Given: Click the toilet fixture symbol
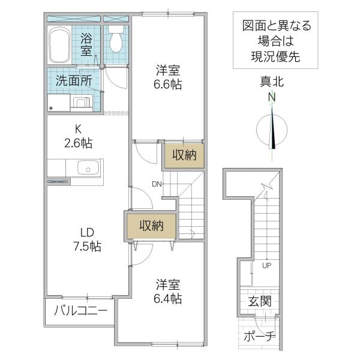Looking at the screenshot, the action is click(x=116, y=38).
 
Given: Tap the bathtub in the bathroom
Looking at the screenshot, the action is click(x=59, y=45).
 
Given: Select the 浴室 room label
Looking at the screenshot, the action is click(x=86, y=44).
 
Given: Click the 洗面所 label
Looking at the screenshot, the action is click(x=74, y=80).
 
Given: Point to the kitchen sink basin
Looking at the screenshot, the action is click(x=88, y=167).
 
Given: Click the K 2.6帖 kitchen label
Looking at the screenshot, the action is click(x=78, y=136).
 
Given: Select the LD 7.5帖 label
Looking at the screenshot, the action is click(x=87, y=239).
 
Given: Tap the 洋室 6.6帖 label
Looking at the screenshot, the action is click(x=167, y=77).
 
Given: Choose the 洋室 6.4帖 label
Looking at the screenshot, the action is click(x=168, y=292).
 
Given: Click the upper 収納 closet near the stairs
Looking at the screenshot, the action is click(x=184, y=155).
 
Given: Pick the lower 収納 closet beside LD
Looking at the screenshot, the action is click(x=152, y=226).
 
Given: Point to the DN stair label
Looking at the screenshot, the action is click(x=157, y=184).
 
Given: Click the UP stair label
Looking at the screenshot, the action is click(x=267, y=266).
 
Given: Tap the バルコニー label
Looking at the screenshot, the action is click(x=81, y=311).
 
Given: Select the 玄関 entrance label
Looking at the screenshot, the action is click(x=260, y=301).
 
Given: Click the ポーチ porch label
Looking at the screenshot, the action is click(x=259, y=337).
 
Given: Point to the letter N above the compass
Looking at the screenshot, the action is click(x=272, y=97).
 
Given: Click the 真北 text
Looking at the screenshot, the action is click(x=272, y=82).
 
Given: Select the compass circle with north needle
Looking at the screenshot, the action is click(x=272, y=130).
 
